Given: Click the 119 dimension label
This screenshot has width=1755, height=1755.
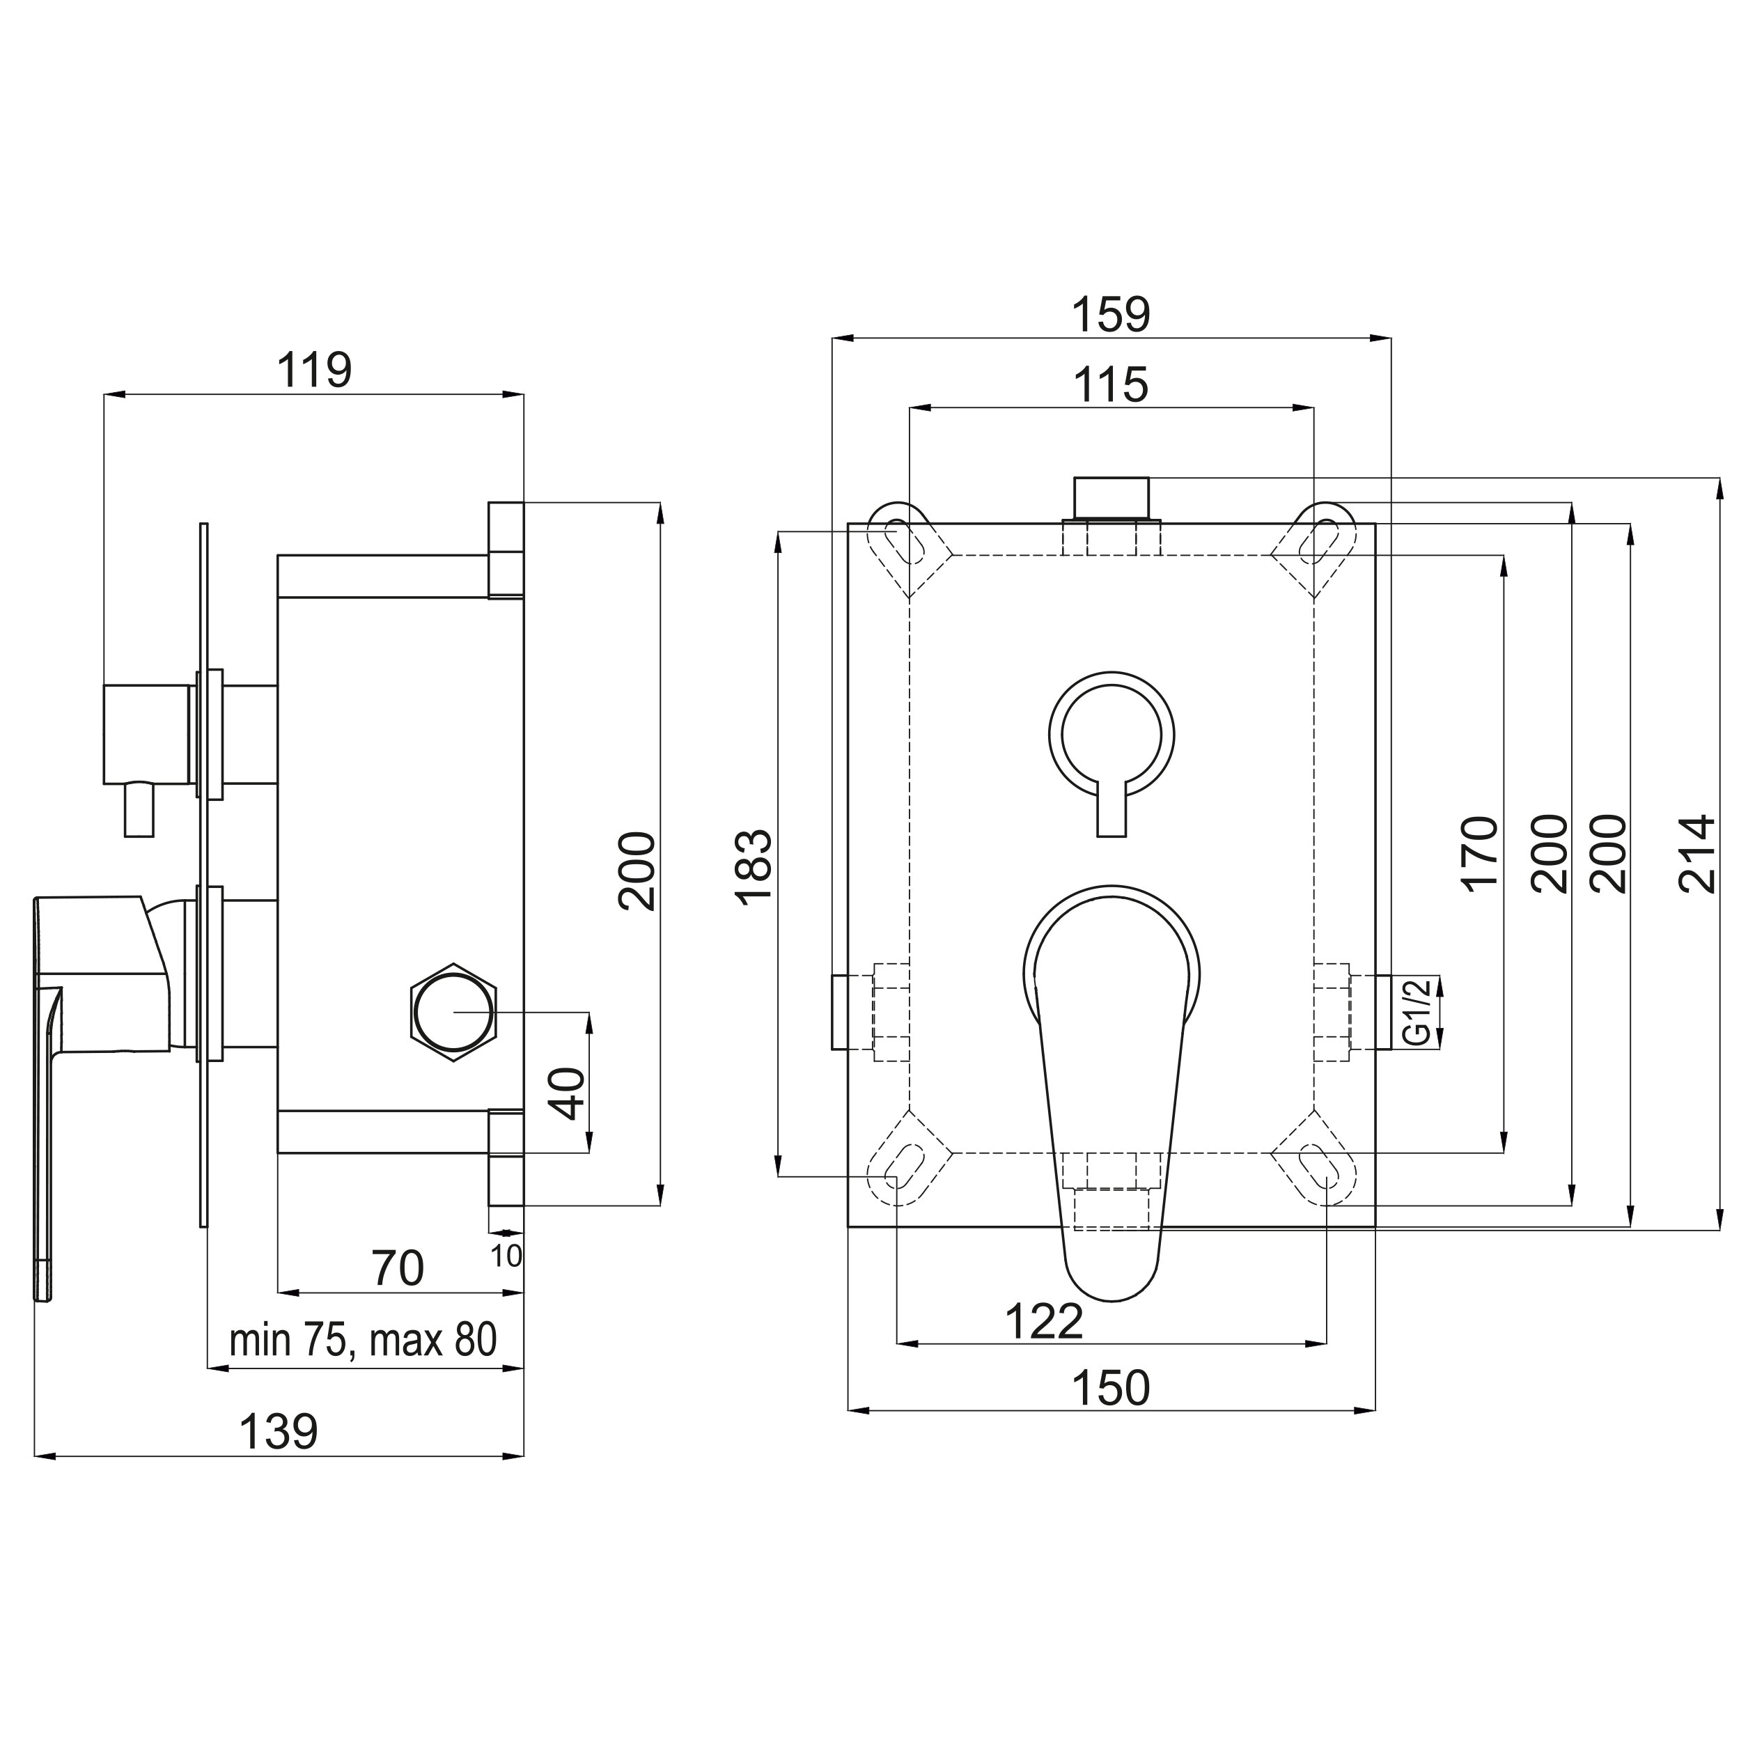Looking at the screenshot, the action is pyautogui.click(x=313, y=369).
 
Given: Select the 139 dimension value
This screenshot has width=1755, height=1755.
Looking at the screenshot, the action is pyautogui.click(x=278, y=1432).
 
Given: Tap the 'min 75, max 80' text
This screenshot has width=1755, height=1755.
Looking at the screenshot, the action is pyautogui.click(x=364, y=1339).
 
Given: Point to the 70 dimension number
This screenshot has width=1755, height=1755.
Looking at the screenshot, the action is pyautogui.click(x=398, y=1268).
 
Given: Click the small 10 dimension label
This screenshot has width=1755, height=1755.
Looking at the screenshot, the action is pyautogui.click(x=507, y=1256).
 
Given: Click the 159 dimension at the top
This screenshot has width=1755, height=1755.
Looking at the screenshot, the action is pyautogui.click(x=1111, y=314).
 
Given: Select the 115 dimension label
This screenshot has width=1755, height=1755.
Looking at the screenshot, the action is pyautogui.click(x=1111, y=384).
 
